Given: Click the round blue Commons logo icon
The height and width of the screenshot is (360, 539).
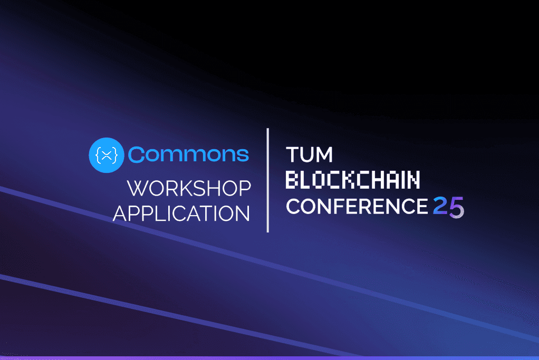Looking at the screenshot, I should (107, 155).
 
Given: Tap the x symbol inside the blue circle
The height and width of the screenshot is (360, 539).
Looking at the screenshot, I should (107, 155).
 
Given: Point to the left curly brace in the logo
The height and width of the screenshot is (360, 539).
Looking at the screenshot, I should (98, 155).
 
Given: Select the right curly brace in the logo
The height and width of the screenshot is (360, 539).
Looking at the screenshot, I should (115, 155).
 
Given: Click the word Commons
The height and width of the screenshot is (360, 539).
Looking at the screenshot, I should (188, 154).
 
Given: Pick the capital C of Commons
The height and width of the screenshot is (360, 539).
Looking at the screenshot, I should (136, 154).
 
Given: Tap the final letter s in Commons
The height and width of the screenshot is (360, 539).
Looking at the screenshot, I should (243, 155).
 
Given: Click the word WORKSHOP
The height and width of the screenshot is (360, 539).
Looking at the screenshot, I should (189, 189).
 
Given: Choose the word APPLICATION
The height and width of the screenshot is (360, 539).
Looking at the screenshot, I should (181, 213).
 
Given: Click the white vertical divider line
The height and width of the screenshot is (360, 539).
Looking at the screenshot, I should (268, 180).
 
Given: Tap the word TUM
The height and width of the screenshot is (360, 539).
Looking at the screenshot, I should (310, 155).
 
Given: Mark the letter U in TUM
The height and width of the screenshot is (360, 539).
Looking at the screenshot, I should (309, 155).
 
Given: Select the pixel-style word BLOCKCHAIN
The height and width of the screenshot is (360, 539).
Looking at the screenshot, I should (353, 180).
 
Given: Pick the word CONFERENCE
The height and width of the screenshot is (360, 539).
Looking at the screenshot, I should (356, 207).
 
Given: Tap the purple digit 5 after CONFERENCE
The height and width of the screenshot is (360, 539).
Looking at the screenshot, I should (457, 207).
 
